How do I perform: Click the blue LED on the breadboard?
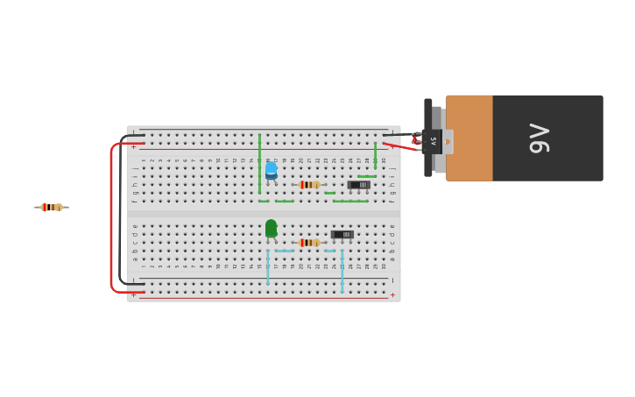[271, 170]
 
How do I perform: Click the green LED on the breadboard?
[271, 229]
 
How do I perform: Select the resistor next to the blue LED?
[309, 185]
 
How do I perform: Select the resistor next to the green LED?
[309, 243]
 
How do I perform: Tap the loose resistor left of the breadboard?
[52, 208]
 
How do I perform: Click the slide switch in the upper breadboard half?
[359, 185]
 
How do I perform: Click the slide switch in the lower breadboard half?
[342, 235]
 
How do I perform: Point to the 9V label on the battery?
[540, 138]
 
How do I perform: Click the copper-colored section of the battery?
[469, 138]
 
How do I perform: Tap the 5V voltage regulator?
[433, 140]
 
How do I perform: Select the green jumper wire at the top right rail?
[375, 155]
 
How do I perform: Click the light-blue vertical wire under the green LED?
[267, 267]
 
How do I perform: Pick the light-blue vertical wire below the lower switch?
[342, 272]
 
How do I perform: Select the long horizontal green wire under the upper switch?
[350, 202]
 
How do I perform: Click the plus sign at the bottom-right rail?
[392, 295]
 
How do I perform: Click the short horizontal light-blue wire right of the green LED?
[285, 252]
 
